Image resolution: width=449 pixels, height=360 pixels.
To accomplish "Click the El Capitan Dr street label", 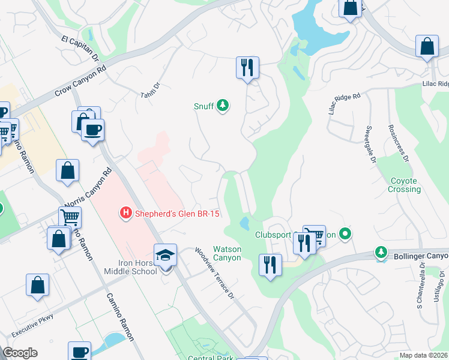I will click(80, 49).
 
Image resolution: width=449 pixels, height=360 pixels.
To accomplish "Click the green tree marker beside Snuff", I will click(223, 106).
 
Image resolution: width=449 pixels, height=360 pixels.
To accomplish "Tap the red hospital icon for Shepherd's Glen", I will click(126, 212).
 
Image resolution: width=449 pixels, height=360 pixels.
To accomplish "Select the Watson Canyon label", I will click(228, 253).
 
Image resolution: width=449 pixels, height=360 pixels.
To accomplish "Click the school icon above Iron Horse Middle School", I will click(165, 256).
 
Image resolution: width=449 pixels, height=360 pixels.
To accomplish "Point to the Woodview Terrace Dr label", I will click(214, 274).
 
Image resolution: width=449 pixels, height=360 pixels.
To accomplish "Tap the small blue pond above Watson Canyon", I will click(245, 224).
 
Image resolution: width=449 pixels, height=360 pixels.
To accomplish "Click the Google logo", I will click(20, 353).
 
